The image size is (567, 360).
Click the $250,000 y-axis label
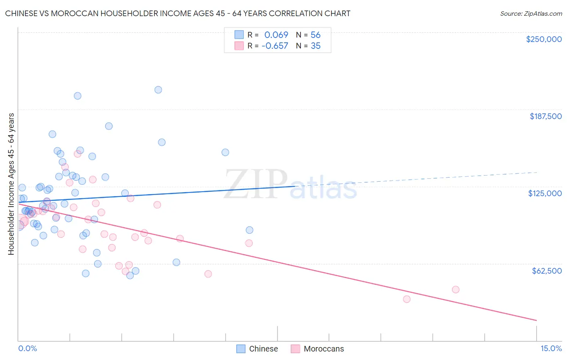click(544, 39)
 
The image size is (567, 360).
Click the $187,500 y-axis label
click(545, 116)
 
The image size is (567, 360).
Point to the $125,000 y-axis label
click(545, 193)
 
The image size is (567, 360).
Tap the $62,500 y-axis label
click(546, 271)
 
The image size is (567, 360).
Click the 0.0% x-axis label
click(27, 348)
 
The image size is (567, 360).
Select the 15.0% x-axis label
click(551, 348)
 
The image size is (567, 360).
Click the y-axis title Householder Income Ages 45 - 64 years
click(11, 184)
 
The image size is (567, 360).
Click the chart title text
click(177, 13)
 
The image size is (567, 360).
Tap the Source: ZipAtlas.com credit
click(531, 13)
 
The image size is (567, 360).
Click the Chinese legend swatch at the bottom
click(241, 349)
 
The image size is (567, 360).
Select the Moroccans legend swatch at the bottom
click(295, 349)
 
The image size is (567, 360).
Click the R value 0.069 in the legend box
click(276, 35)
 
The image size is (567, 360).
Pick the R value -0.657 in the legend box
click(275, 46)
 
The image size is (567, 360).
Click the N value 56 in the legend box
click(315, 35)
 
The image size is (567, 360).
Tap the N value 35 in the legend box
click(315, 46)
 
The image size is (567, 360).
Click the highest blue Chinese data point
click(158, 90)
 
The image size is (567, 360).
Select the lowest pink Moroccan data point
click(406, 299)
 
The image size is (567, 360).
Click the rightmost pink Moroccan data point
click(456, 289)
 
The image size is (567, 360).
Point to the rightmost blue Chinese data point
click(250, 230)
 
